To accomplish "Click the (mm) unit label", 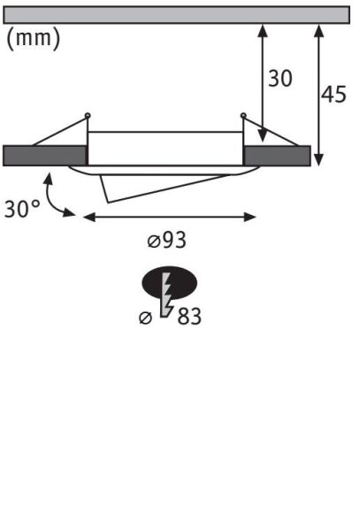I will tap(34, 40).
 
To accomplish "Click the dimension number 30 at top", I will tap(280, 79).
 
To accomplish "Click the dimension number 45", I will tap(333, 95).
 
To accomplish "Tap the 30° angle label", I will tap(21, 210).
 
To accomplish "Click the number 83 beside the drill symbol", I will tap(188, 316).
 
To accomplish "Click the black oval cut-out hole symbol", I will tap(181, 283).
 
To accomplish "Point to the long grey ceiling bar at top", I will tap(177, 14).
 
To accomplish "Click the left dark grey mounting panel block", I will tap(44, 155).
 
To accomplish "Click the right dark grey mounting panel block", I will tap(277, 155).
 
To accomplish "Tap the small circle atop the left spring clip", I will tap(88, 115).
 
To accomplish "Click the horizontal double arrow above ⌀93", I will tap(168, 215).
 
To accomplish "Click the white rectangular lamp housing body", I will tap(165, 148).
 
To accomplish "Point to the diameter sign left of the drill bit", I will tap(146, 318).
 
